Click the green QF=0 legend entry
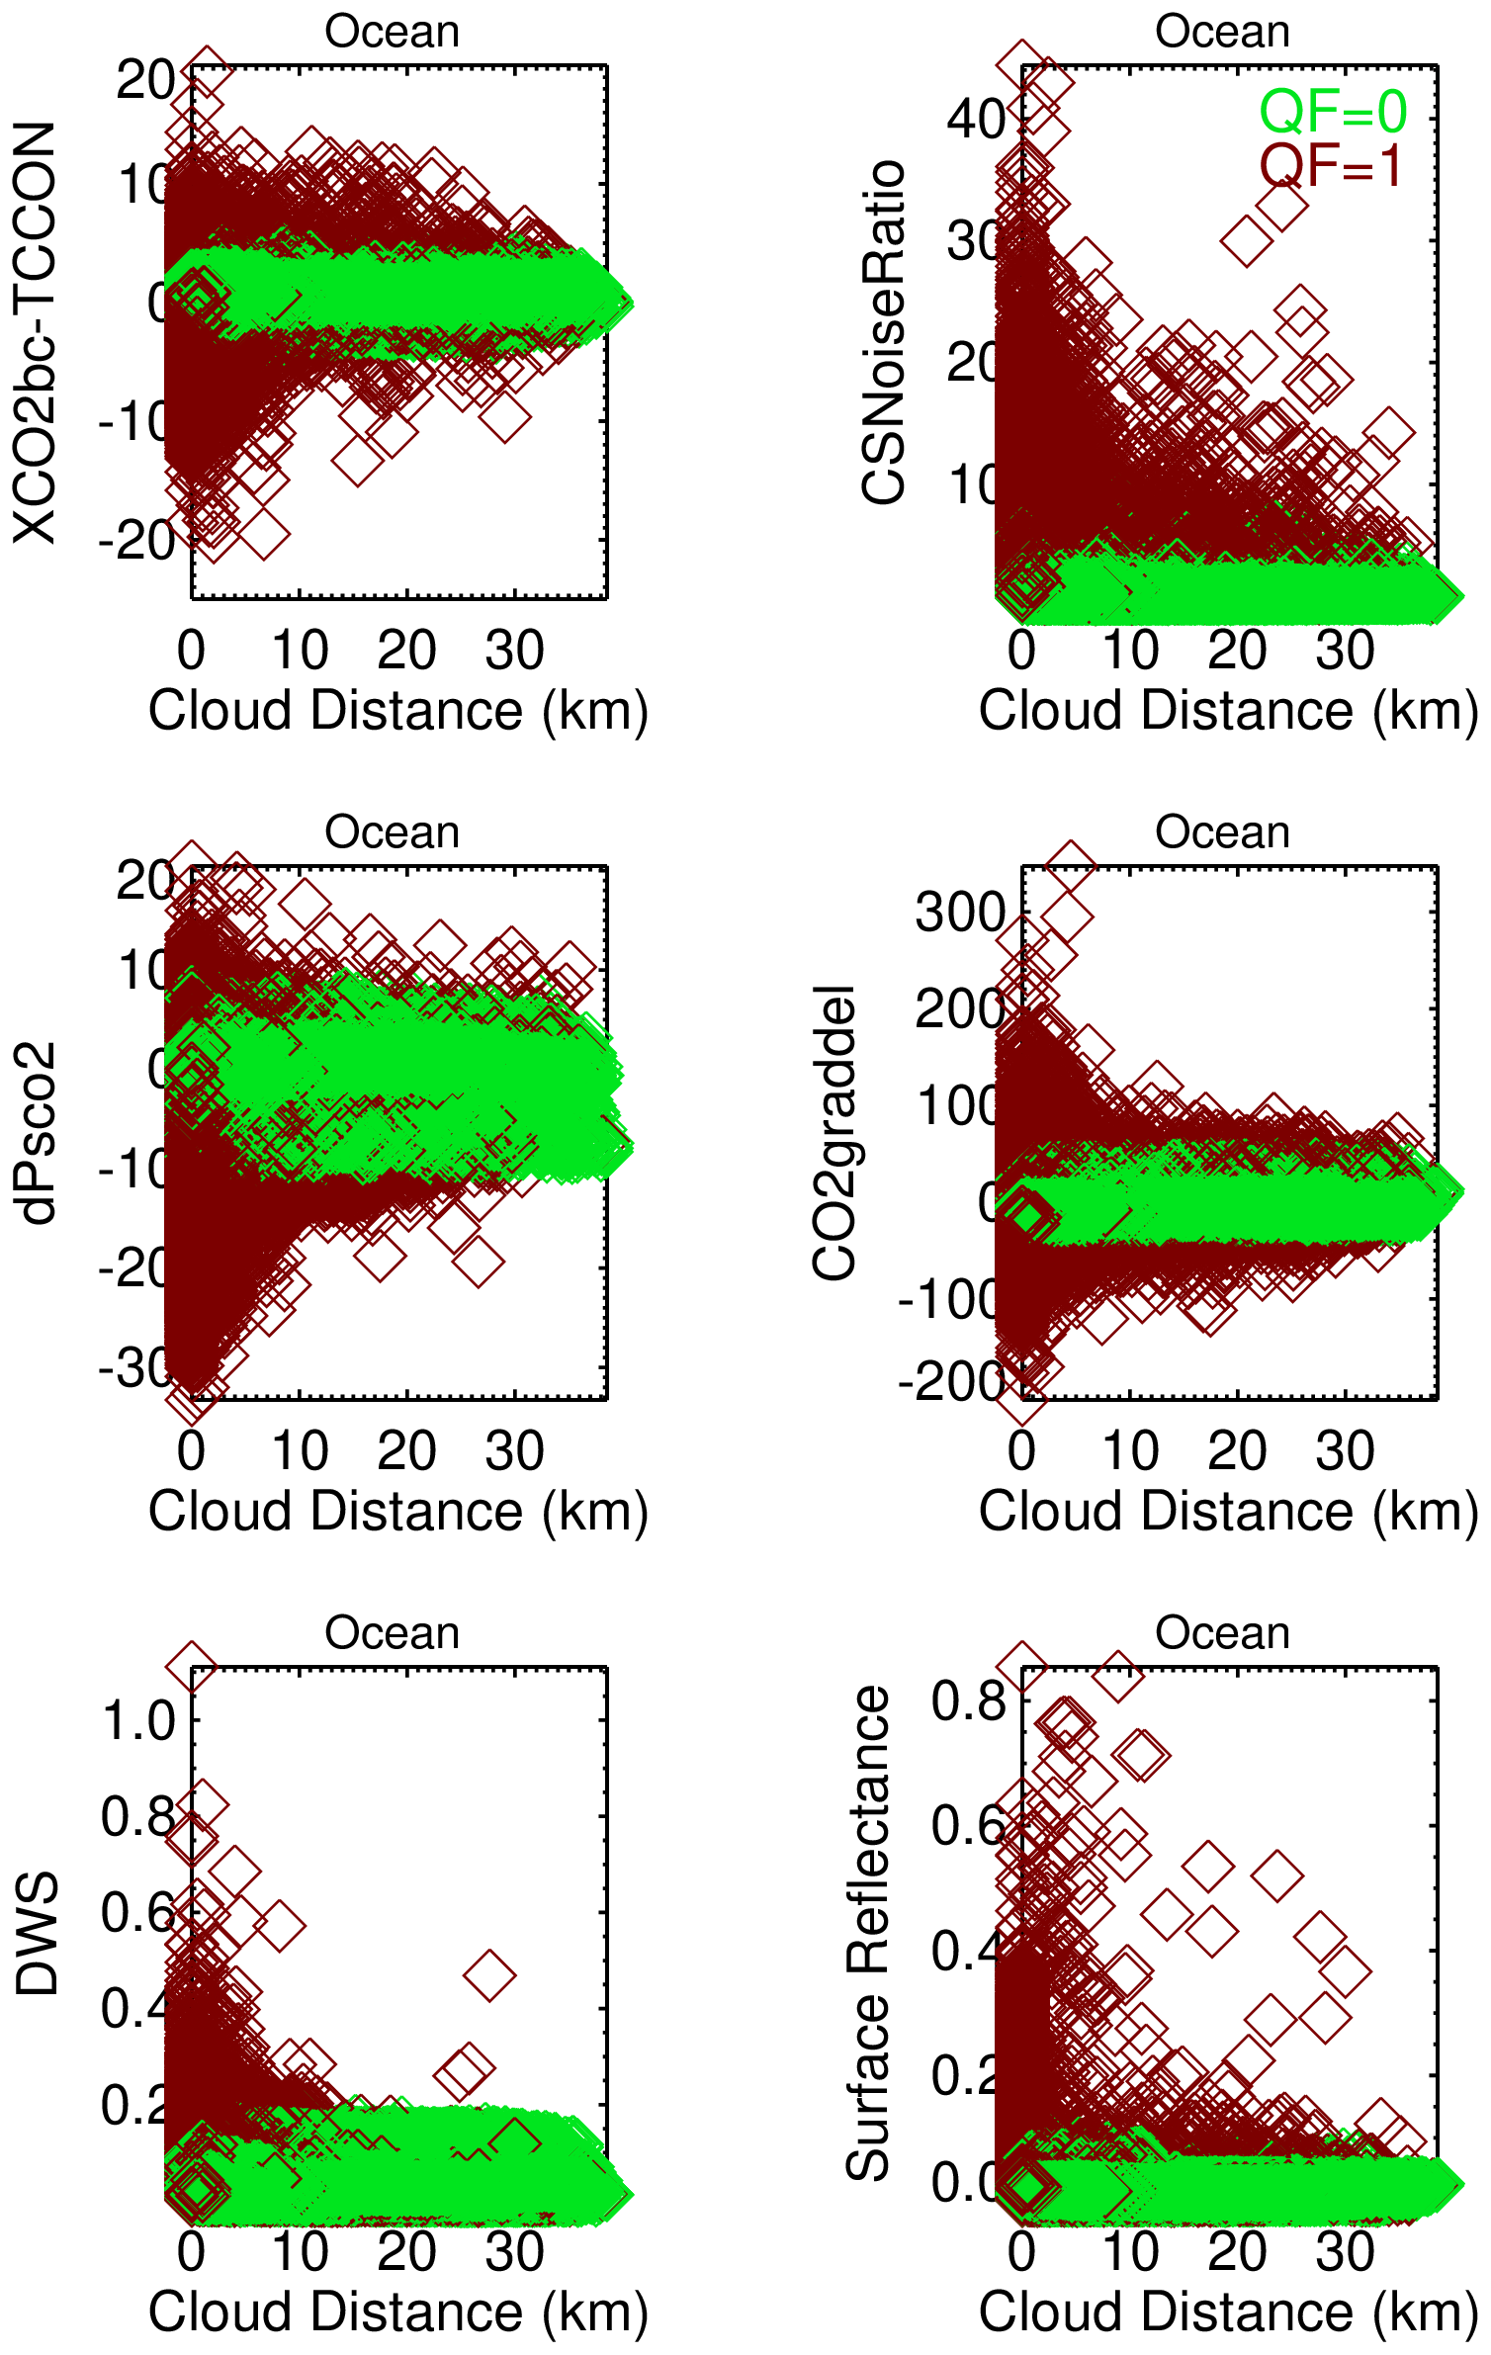pyautogui.click(x=1332, y=112)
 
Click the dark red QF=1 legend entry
pyautogui.click(x=1332, y=165)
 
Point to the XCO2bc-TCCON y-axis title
pyautogui.click(x=36, y=332)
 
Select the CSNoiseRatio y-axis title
pyautogui.click(x=883, y=332)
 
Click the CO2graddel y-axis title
pyautogui.click(x=833, y=1133)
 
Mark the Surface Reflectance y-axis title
pyautogui.click(x=868, y=1934)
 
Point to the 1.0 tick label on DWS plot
pyautogui.click(x=138, y=1721)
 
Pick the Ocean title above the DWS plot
pyautogui.click(x=393, y=1633)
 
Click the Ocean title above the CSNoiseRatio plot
pyautogui.click(x=1223, y=32)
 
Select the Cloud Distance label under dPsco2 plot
pyautogui.click(x=397, y=1512)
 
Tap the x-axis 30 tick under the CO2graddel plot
pyautogui.click(x=1345, y=1451)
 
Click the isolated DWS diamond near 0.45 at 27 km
pyautogui.click(x=489, y=1975)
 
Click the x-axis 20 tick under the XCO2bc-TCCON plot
pyautogui.click(x=406, y=651)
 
